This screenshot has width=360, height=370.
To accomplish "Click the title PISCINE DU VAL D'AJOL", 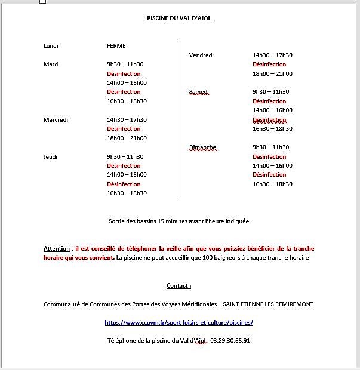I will coord(179,18).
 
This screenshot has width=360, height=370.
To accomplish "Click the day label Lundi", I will coord(51,46).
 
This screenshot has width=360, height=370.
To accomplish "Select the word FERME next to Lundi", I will coord(116,46).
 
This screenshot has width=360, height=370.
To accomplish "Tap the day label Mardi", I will coord(51,64).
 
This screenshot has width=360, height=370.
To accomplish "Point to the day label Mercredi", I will coord(56,120).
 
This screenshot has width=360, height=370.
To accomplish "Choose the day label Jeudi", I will coord(50,157).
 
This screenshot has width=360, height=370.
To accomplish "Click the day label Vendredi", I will coord(201,55).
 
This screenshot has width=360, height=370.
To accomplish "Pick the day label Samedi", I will coord(199,92).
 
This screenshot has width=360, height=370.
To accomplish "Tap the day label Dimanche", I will coord(202,147).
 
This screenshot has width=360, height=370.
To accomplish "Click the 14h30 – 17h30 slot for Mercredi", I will coord(127,120).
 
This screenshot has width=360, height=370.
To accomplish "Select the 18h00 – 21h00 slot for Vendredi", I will coord(272,74).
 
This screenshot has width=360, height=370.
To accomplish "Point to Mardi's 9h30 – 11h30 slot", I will coord(125,64).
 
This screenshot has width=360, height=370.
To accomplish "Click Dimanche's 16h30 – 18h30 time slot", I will coord(272,184).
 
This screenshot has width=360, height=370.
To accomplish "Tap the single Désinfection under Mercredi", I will coord(124,129).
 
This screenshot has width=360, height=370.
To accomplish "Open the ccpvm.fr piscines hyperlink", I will coord(179,322).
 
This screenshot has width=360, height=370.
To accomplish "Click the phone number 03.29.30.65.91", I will coord(230,341).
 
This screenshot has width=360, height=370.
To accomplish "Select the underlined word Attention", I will coord(57,249).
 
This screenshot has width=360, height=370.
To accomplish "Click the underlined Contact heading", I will coord(179,286).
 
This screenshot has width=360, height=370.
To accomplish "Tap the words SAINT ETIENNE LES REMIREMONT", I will coord(268,304).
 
